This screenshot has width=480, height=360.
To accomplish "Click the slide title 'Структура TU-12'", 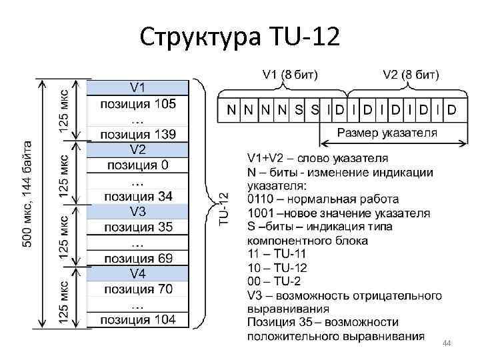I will [240, 37].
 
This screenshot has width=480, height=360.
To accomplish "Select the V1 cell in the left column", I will [138, 87].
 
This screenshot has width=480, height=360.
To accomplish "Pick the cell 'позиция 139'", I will [138, 134].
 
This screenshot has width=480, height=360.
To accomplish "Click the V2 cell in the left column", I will [138, 149].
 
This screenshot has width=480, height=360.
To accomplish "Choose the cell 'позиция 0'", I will [138, 165].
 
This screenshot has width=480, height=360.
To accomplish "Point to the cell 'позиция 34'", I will [138, 196].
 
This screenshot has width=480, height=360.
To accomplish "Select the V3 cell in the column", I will [138, 211].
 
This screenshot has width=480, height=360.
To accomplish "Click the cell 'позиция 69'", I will [138, 258].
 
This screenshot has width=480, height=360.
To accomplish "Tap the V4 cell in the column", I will [138, 273].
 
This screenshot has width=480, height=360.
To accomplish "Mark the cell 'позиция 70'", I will [138, 289].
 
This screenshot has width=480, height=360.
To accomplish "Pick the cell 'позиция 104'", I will [138, 320].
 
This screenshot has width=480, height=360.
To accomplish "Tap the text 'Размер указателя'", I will [387, 132].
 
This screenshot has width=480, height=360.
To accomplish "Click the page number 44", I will [447, 343].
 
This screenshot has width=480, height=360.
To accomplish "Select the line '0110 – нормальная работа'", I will [323, 199].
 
